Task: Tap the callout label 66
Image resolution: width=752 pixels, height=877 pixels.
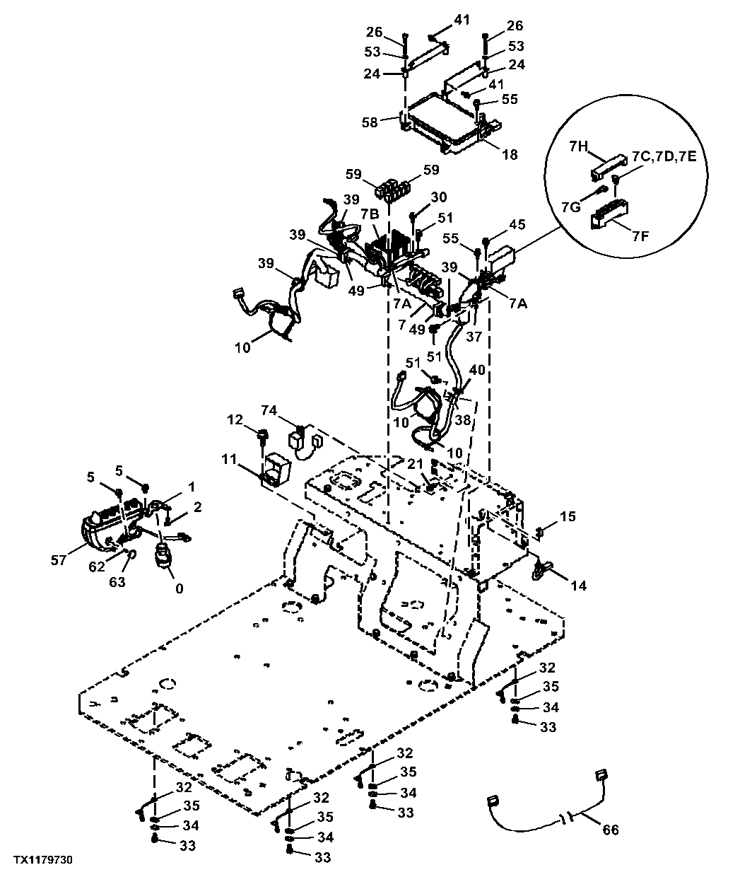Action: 611,830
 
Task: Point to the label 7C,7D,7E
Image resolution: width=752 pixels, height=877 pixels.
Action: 664,156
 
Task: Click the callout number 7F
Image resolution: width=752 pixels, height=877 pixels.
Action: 640,236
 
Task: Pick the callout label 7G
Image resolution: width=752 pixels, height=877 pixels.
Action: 572,207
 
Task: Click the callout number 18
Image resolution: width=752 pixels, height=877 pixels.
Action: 510,154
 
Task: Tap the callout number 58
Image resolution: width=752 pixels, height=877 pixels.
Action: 369,122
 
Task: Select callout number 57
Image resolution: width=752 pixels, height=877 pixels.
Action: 59,560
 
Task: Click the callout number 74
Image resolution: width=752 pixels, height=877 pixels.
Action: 269,410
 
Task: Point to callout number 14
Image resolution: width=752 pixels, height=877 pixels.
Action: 579,586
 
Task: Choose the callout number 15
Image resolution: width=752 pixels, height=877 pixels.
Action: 568,516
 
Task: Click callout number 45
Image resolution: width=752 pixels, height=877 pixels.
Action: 517,224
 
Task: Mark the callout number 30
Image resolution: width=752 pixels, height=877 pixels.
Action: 439,197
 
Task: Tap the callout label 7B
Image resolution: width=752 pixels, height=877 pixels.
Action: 370,215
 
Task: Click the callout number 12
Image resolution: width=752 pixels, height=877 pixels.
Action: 235,419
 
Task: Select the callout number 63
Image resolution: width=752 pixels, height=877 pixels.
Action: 117,581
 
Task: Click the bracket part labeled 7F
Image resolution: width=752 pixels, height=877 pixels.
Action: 609,214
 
